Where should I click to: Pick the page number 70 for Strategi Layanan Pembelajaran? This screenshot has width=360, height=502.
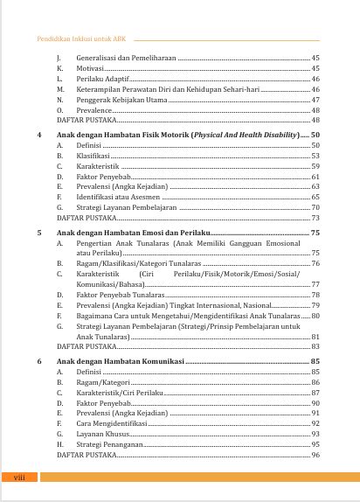(315, 208)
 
